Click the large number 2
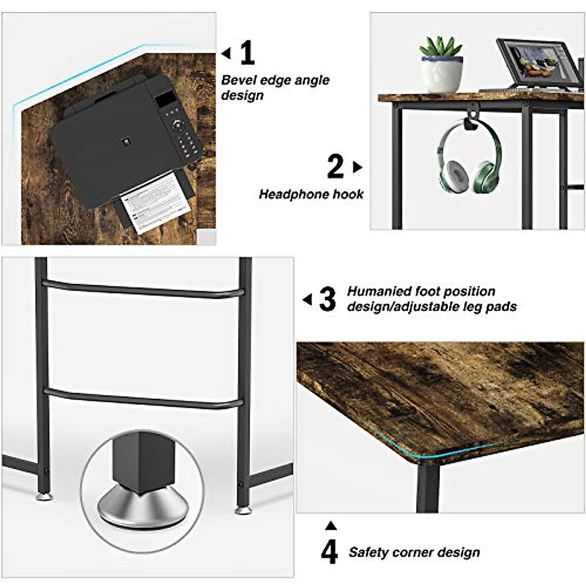[335, 167]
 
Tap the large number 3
[327, 299]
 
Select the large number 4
[330, 551]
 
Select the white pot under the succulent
[441, 74]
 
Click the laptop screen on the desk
[537, 63]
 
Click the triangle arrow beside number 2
[357, 167]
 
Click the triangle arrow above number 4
[331, 525]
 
